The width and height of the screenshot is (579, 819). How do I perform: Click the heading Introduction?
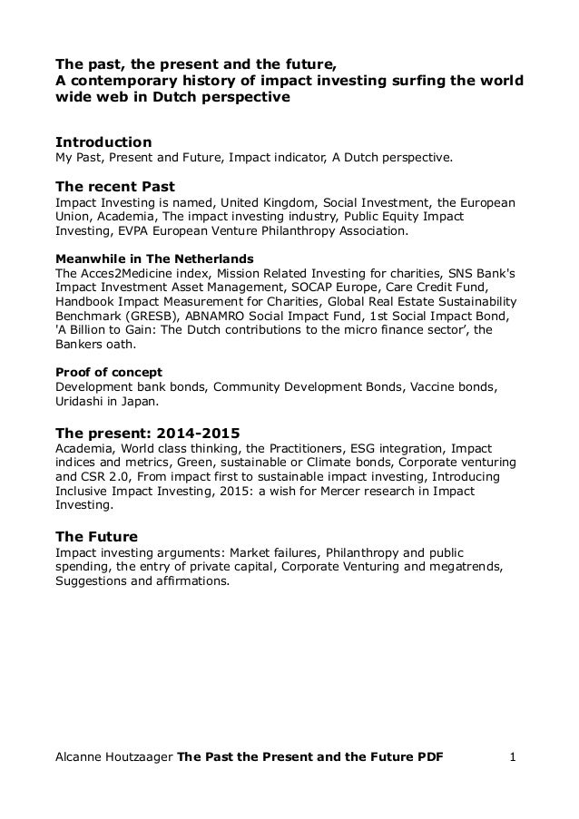[103, 142]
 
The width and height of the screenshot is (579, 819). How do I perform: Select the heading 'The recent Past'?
[115, 187]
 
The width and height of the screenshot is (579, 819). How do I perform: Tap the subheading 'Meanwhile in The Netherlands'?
[154, 258]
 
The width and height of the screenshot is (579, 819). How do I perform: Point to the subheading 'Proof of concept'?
[109, 372]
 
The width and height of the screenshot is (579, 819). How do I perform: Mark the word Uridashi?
[82, 401]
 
